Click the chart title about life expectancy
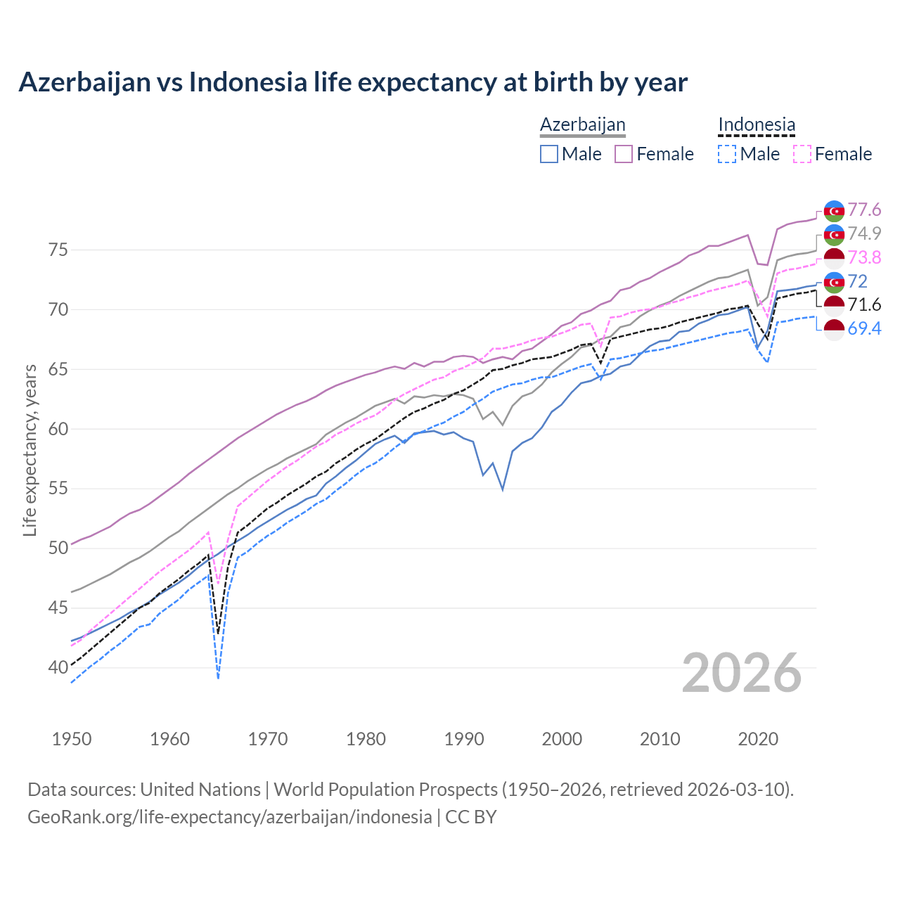pyautogui.click(x=352, y=82)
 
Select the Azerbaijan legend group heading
pyautogui.click(x=582, y=124)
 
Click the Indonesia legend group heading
pyautogui.click(x=757, y=124)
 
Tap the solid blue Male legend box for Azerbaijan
pyautogui.click(x=549, y=154)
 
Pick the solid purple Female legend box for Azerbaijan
pyautogui.click(x=624, y=154)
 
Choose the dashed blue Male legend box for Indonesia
pyautogui.click(x=727, y=154)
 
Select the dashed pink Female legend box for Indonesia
pyautogui.click(x=802, y=154)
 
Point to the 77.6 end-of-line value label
pyautogui.click(x=864, y=210)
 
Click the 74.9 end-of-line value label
pyautogui.click(x=864, y=233)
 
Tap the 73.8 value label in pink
pyautogui.click(x=864, y=257)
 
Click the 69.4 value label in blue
pyautogui.click(x=864, y=328)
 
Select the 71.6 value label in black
pyautogui.click(x=864, y=304)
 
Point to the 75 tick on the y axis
pyautogui.click(x=58, y=250)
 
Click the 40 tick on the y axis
pyautogui.click(x=58, y=667)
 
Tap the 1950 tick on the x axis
pyautogui.click(x=72, y=739)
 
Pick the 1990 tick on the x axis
pyautogui.click(x=464, y=739)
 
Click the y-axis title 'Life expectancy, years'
pyautogui.click(x=30, y=450)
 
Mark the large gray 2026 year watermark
pyautogui.click(x=741, y=673)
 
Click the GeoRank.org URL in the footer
pyautogui.click(x=229, y=817)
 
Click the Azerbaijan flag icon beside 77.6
pyautogui.click(x=834, y=211)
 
